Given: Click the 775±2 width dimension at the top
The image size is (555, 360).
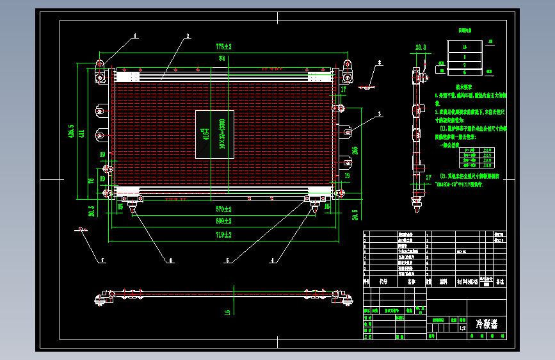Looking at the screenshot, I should click(x=223, y=47).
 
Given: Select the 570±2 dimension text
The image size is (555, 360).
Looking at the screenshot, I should click(x=223, y=209).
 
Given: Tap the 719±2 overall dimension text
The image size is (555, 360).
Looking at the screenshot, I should click(x=223, y=235).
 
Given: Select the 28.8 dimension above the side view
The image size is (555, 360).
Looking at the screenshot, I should click(x=420, y=47).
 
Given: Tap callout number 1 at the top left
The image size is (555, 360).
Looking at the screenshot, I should click(x=136, y=36).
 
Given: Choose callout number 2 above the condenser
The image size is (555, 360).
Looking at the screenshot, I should click(x=188, y=36).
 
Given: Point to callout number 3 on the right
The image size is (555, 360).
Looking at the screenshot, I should click(x=379, y=114).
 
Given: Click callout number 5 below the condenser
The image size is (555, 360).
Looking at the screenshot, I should click(x=227, y=260).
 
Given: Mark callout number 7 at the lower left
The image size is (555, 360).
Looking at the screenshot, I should click(x=100, y=260).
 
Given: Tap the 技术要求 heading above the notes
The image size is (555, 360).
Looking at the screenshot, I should click(x=464, y=86).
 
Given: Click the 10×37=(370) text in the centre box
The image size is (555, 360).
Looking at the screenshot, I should click(x=222, y=134).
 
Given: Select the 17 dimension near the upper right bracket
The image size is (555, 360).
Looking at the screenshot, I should click(x=343, y=91).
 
